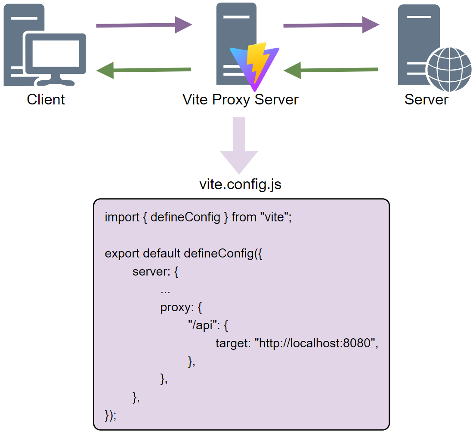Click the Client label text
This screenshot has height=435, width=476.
pyautogui.click(x=46, y=99)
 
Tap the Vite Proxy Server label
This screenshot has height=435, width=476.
pyautogui.click(x=240, y=99)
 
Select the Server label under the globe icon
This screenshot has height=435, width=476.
pyautogui.click(x=426, y=99)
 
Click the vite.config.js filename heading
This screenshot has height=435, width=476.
pyautogui.click(x=240, y=184)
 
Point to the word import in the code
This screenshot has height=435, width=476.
pyautogui.click(x=121, y=217)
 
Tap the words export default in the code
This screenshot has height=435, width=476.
pyautogui.click(x=142, y=254)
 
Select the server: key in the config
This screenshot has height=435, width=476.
pyautogui.click(x=151, y=272)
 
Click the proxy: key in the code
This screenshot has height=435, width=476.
pyautogui.click(x=177, y=308)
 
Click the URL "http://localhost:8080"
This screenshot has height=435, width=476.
pyautogui.click(x=316, y=344)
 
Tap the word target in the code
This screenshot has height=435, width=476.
pyautogui.click(x=233, y=344)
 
